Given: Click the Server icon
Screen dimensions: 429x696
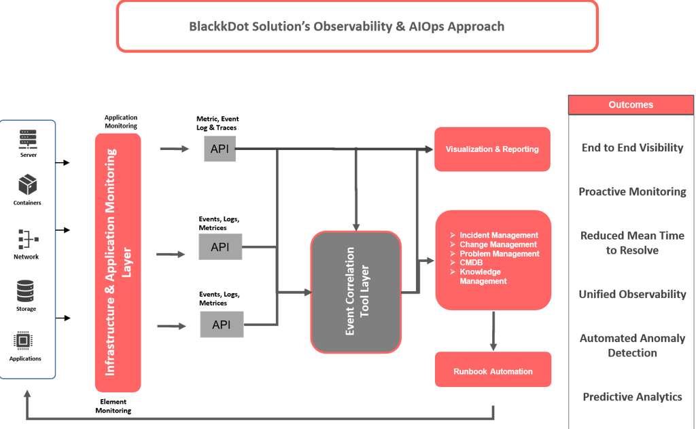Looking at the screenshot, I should (28, 138).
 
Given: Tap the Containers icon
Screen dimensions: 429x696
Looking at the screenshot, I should (28, 184).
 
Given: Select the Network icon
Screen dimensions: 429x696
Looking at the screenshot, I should (28, 238).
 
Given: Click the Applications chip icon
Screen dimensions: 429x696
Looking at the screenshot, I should (25, 341).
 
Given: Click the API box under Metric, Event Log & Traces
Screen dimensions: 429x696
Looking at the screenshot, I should (220, 149).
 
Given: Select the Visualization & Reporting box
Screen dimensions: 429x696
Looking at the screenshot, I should (492, 149).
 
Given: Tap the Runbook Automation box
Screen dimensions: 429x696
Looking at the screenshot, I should (493, 371).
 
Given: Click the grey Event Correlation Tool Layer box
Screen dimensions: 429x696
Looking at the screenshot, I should (355, 292).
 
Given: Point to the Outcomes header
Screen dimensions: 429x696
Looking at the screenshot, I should (631, 105).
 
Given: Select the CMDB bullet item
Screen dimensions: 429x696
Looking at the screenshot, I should (471, 263).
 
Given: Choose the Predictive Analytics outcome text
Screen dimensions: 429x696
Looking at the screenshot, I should (632, 397).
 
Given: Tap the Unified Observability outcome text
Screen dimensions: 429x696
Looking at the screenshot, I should (632, 295).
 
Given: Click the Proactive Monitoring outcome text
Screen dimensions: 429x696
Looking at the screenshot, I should (632, 192).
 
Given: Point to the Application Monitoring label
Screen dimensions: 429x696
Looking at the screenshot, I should (121, 122).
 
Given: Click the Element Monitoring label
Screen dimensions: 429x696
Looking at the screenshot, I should (113, 406).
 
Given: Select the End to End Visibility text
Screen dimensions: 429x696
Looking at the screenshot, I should (632, 148).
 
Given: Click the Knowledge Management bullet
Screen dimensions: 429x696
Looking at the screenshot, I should (483, 276).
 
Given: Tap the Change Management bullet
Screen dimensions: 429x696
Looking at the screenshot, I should (498, 244).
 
